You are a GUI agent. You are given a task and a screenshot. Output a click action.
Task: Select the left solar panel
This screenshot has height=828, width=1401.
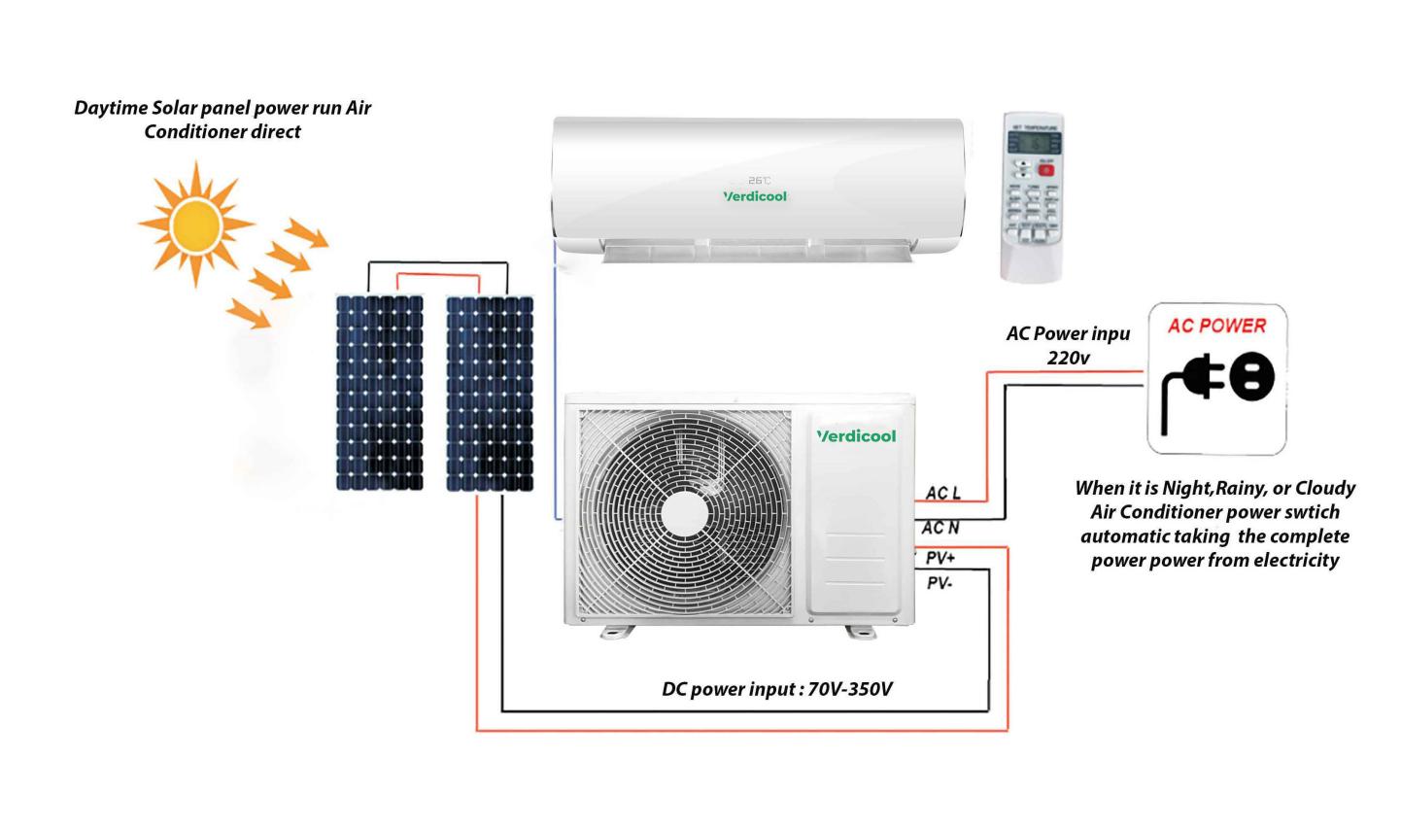pos(380,393)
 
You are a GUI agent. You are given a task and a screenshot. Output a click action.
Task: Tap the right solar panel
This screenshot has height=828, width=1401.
pos(490,393)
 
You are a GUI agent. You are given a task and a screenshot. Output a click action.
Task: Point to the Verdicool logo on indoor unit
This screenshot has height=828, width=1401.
pos(755,196)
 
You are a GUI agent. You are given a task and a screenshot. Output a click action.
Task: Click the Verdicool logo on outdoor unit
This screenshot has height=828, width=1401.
pos(856,436)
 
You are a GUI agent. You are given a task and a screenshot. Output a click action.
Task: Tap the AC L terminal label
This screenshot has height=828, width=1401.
pos(942,494)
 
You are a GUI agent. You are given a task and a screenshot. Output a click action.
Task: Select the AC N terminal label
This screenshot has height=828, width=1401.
pos(940,528)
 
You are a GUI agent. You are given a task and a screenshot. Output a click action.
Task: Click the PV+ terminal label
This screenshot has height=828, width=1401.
pos(940,558)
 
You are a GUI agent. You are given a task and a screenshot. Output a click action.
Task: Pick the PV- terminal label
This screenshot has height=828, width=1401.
pos(940,583)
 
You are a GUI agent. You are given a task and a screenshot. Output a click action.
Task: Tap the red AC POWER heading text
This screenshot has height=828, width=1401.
pos(1216,326)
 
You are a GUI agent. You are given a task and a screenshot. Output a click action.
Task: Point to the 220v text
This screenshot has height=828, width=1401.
pos(1068,357)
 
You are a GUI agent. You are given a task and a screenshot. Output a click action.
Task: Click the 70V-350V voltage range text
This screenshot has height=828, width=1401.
pos(850,690)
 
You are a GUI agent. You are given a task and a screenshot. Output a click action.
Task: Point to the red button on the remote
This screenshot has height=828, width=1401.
pos(1045,169)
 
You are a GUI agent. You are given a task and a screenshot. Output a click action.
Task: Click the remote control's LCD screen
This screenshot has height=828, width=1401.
pos(1031,142)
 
